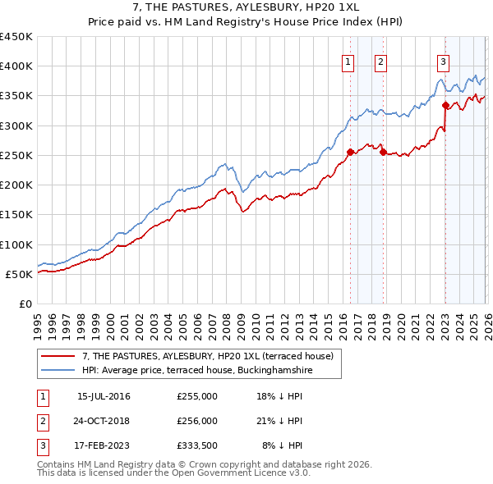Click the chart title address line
coord(246,7)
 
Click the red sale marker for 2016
coord(350,152)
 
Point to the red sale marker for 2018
coord(383,152)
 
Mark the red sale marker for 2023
coord(445,105)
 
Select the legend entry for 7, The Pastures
coord(207,356)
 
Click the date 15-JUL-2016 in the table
coord(104,397)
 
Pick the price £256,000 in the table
coord(197,421)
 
